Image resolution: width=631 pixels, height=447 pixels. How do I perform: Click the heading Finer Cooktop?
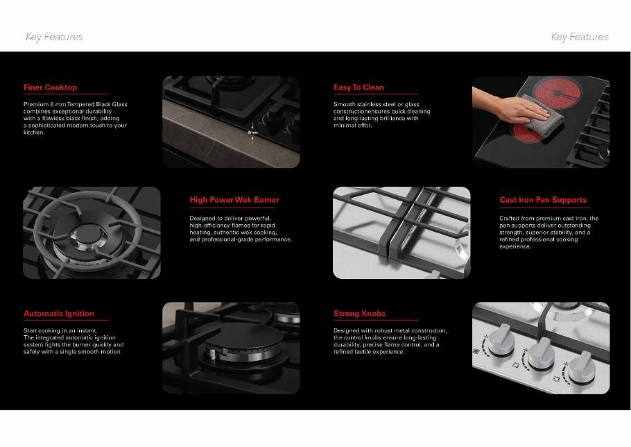[50, 87]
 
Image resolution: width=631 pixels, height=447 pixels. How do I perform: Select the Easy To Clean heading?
[358, 87]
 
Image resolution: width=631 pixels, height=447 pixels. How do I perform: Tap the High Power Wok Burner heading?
[234, 200]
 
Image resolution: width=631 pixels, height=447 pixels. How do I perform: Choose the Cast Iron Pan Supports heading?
[543, 200]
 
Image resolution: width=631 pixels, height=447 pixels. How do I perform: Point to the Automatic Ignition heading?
[59, 313]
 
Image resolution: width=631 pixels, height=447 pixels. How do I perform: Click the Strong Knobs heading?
[359, 313]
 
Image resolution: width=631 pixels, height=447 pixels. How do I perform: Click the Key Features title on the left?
[54, 37]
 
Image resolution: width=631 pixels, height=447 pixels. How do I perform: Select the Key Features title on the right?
[580, 37]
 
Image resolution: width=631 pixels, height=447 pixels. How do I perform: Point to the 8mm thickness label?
[252, 132]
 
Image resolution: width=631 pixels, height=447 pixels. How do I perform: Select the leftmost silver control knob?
[501, 340]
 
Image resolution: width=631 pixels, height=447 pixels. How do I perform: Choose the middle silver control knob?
[541, 353]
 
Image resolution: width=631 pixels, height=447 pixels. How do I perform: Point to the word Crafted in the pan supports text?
[510, 218]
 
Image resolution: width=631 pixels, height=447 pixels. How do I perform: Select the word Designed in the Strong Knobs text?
[346, 330]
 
